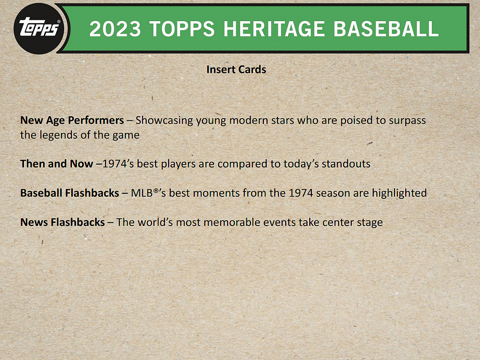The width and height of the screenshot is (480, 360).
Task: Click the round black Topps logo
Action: [39, 29]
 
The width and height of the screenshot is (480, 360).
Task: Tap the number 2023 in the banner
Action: [115, 29]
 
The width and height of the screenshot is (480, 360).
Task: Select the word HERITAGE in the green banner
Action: [274, 29]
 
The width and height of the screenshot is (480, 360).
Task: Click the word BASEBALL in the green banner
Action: [386, 29]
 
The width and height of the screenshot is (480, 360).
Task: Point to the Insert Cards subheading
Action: [236, 70]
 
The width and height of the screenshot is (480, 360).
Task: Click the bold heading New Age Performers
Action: [72, 120]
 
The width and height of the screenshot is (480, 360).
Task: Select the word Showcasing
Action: [164, 120]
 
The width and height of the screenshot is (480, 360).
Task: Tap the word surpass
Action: [407, 120]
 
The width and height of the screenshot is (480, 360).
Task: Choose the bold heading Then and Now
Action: [57, 164]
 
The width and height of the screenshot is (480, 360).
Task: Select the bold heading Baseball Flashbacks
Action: [70, 193]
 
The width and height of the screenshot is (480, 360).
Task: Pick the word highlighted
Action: [399, 193]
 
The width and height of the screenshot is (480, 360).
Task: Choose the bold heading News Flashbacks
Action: [62, 222]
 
